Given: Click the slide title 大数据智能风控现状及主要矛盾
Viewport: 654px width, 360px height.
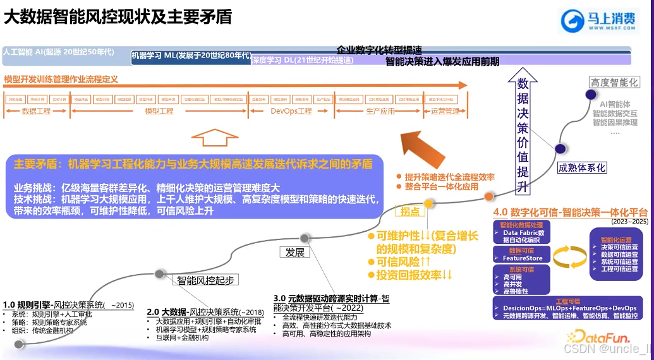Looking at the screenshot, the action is click(118, 17).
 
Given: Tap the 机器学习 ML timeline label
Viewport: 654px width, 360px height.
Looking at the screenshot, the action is click(191, 56).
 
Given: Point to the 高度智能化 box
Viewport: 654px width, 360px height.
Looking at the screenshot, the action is click(614, 82).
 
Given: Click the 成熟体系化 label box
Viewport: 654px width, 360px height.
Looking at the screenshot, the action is click(581, 168).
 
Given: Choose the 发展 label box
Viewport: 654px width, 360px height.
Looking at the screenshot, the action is click(295, 253).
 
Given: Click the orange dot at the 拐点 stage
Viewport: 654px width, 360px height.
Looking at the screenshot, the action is click(429, 203).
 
